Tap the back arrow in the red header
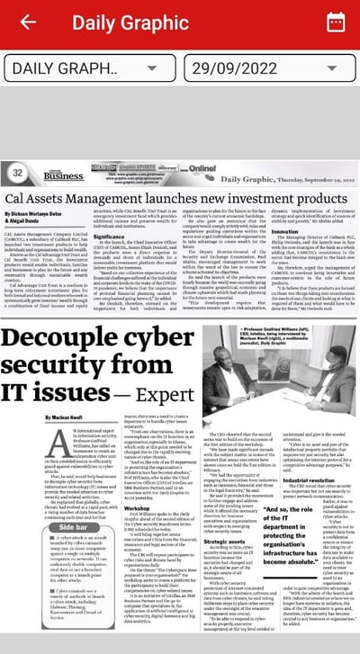[x=28, y=22]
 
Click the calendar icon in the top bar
[x=335, y=22]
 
